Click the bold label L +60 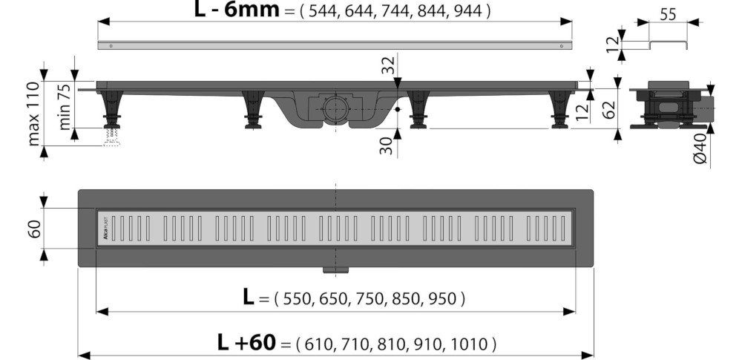(246, 342)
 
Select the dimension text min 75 (66, 105)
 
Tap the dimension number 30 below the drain (387, 145)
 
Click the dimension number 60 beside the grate (34, 227)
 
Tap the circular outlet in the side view (333, 108)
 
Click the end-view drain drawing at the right (672, 105)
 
